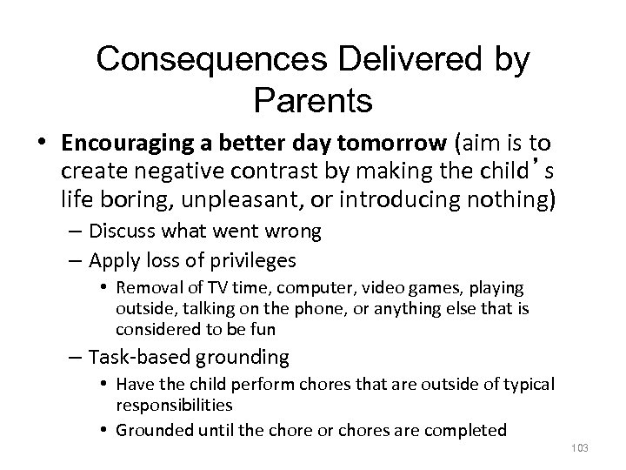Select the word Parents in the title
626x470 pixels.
pos(314,100)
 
